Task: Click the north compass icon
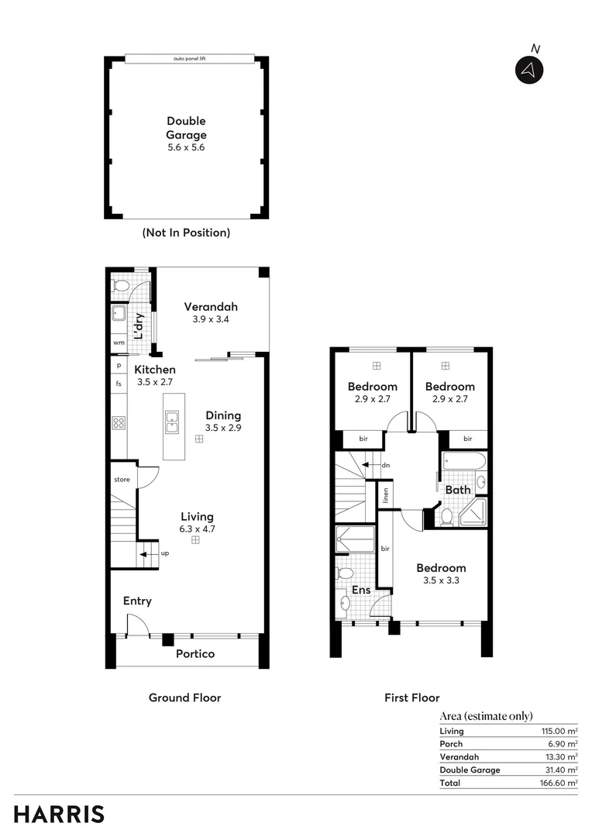(x=529, y=70)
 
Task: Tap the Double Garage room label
(x=186, y=128)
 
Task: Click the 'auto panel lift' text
(x=189, y=59)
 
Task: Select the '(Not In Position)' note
(x=186, y=232)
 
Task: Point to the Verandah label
(x=211, y=306)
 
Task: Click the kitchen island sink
(x=173, y=422)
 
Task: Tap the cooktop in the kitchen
(x=119, y=422)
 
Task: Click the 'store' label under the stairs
(x=122, y=480)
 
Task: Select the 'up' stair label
(x=165, y=553)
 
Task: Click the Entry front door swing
(x=138, y=625)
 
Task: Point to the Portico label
(x=194, y=653)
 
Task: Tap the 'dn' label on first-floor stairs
(x=386, y=465)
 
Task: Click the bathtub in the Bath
(x=463, y=463)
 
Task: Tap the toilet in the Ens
(x=346, y=573)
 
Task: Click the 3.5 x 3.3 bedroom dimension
(x=441, y=580)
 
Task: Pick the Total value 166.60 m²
(x=559, y=783)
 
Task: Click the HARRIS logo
(x=59, y=815)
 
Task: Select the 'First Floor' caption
(x=411, y=697)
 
